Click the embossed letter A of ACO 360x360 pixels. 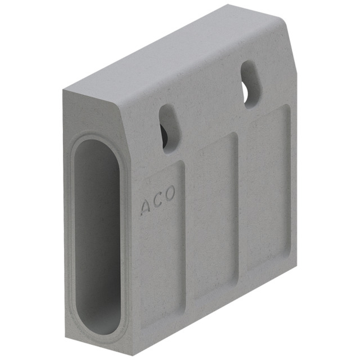145,208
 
